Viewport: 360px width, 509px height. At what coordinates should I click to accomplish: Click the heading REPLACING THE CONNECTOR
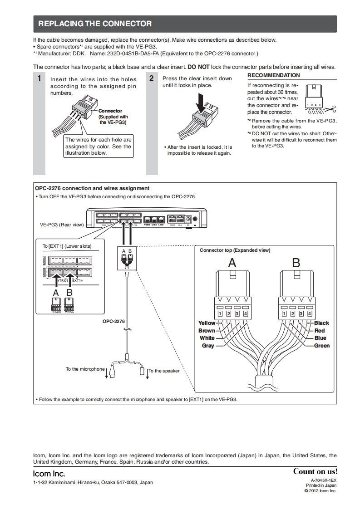(94, 24)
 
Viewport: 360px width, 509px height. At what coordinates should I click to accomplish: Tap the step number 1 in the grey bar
(39, 78)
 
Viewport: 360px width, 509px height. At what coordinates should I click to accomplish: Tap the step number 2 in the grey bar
(151, 78)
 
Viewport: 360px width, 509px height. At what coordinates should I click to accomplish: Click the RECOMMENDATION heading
(273, 75)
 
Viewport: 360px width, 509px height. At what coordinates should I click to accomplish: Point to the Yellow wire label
(207, 323)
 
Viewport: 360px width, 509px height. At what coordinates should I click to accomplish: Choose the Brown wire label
(207, 331)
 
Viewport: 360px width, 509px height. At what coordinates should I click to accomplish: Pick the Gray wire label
(208, 346)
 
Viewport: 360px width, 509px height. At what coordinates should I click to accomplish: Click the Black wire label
(321, 323)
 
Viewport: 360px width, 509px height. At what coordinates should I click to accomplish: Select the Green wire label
(321, 346)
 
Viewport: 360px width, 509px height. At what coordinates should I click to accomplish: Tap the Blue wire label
(320, 338)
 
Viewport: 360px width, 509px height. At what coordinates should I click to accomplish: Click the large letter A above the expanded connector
(232, 263)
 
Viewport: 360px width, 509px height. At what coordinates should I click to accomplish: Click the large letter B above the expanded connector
(296, 263)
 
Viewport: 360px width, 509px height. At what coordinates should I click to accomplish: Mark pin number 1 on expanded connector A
(220, 313)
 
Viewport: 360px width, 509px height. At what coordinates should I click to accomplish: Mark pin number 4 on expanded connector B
(310, 313)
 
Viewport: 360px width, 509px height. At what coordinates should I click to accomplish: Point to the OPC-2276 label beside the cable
(113, 321)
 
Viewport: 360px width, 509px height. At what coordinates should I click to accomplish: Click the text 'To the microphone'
(85, 369)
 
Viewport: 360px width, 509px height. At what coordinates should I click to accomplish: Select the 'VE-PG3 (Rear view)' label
(62, 225)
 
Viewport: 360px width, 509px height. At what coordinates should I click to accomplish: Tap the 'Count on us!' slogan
(315, 471)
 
